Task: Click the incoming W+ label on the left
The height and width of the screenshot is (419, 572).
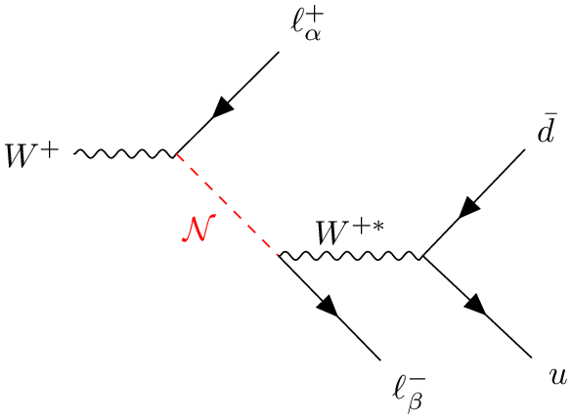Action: [x=31, y=155]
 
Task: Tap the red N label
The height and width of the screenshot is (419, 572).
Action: [x=198, y=229]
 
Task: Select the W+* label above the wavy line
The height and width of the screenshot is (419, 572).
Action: [x=350, y=232]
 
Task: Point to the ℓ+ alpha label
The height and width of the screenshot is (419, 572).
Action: [x=307, y=25]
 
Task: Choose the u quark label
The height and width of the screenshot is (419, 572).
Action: [x=558, y=377]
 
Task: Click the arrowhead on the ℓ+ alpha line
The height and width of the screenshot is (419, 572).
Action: [x=223, y=107]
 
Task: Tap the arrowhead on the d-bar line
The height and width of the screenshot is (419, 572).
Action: [x=469, y=208]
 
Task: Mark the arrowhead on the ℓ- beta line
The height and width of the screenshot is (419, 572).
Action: [x=329, y=306]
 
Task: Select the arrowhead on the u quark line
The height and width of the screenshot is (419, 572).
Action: [x=476, y=304]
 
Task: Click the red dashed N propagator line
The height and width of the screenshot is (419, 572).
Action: [x=227, y=204]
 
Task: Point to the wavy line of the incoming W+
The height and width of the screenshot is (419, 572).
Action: [x=125, y=154]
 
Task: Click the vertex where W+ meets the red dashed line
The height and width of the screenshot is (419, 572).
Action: [x=176, y=154]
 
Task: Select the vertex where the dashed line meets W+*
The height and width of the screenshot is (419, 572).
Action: [x=279, y=255]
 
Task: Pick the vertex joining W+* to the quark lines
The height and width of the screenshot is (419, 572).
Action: [x=422, y=256]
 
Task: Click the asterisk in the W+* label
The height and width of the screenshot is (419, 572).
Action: [x=378, y=227]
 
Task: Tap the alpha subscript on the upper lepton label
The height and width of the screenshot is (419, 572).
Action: [x=313, y=34]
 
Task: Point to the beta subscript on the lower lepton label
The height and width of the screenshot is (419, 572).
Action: [x=416, y=403]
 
